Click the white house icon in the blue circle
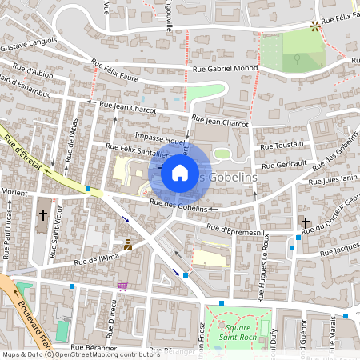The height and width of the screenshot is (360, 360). click(x=180, y=172)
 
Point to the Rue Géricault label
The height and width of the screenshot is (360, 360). click(x=283, y=162)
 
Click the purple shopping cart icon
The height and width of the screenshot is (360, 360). click(x=122, y=286)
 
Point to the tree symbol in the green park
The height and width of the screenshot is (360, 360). click(x=297, y=58)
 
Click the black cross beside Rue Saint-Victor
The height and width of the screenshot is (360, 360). click(x=42, y=215)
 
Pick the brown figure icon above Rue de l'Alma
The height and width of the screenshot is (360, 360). click(x=127, y=243)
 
